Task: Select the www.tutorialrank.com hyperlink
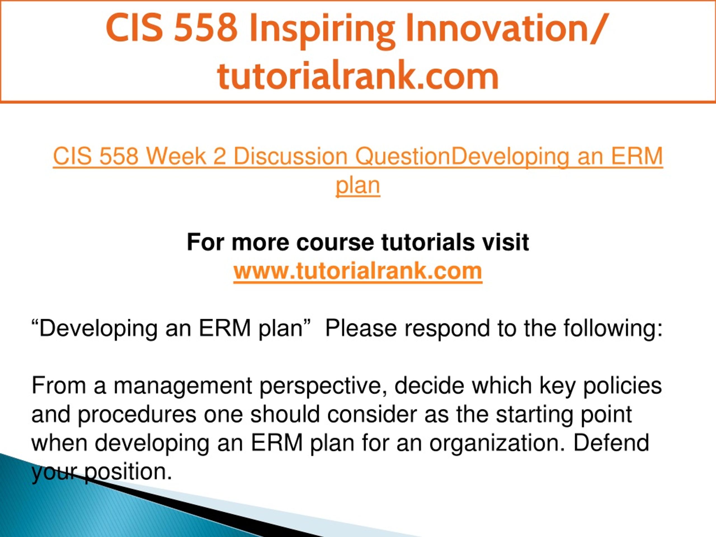pos(358,271)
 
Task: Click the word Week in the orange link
pos(175,156)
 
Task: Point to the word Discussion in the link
pos(290,156)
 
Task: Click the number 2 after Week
pos(220,156)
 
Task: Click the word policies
pos(623,386)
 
